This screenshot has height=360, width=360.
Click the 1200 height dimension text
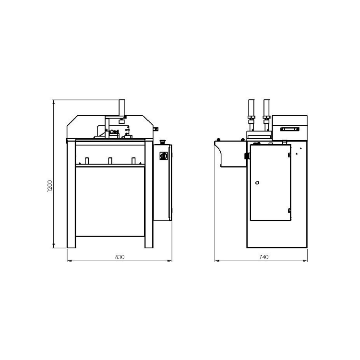click(x=50, y=186)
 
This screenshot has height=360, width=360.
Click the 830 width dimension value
click(x=120, y=257)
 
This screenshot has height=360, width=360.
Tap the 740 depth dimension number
click(x=264, y=257)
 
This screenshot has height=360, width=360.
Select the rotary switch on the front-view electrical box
click(x=164, y=156)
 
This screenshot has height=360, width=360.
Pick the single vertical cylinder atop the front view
click(x=122, y=108)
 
